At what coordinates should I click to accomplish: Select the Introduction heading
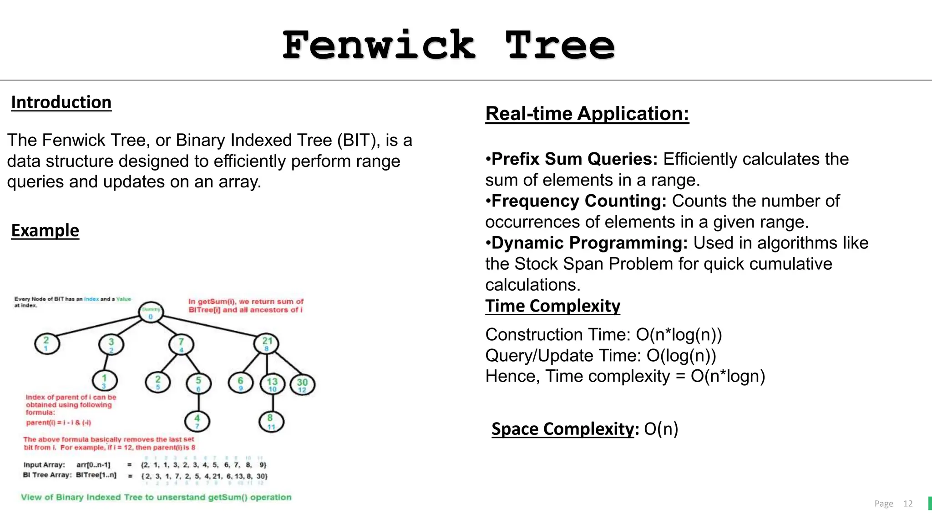tap(61, 102)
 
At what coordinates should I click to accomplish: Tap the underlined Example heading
tap(45, 231)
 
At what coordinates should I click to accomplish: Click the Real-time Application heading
tap(587, 114)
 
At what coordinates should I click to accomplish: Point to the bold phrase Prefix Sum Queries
tap(574, 159)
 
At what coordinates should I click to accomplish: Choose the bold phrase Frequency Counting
tap(579, 201)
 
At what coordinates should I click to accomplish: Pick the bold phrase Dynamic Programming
tap(589, 243)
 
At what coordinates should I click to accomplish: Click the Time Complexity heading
tap(552, 306)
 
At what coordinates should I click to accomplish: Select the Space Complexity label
tap(562, 429)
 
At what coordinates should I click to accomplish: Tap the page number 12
tap(908, 504)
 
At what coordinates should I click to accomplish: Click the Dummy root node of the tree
tap(151, 312)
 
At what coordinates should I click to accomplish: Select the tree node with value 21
tap(267, 343)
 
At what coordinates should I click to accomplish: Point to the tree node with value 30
tap(302, 384)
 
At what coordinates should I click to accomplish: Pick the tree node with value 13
tap(272, 384)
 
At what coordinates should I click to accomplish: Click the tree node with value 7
tap(181, 344)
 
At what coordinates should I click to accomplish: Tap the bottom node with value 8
tap(271, 421)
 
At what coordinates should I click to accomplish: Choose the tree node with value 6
tap(241, 383)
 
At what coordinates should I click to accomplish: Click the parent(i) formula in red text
tap(59, 423)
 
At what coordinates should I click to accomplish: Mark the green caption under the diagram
tap(156, 497)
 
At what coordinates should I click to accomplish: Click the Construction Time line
tap(603, 335)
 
